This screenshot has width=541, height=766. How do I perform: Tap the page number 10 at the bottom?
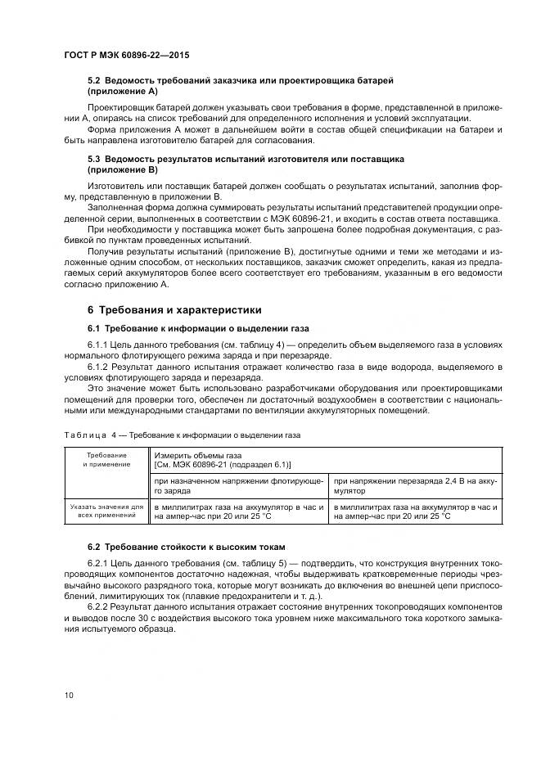(x=68, y=694)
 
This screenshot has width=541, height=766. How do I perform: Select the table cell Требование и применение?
(x=106, y=458)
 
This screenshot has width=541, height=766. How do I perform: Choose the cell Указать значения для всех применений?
(x=106, y=512)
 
